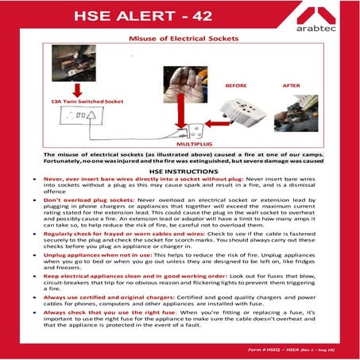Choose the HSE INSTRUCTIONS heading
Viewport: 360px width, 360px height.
coord(179,172)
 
